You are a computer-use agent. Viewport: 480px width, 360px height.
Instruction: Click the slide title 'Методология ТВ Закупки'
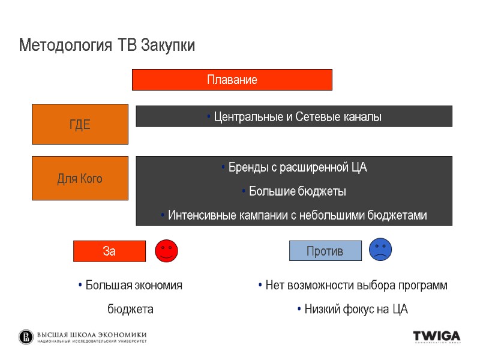point(107,46)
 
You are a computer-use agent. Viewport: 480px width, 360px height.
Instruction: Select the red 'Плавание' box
point(232,80)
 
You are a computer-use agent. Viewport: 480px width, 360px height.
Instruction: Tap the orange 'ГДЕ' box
point(80,124)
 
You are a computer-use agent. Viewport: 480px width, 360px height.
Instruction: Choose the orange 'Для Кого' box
point(80,178)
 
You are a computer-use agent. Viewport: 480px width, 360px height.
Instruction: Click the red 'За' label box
point(109,251)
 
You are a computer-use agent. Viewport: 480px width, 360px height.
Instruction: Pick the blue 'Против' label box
point(325,251)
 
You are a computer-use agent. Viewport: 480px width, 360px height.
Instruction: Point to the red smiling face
point(166,251)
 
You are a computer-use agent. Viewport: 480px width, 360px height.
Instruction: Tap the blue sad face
point(380,249)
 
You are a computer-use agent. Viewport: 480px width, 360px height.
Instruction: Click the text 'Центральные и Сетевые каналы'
point(296,117)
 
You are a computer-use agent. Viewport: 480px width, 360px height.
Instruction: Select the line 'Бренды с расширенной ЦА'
point(296,168)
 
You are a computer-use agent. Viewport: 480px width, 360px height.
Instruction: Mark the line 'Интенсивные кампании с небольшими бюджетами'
point(296,215)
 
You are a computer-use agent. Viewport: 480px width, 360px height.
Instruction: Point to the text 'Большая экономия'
point(133,286)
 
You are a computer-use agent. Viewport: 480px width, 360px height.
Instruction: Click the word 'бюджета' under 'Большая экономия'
point(130,310)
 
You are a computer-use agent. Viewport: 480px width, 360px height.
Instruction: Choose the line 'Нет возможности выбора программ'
point(355,286)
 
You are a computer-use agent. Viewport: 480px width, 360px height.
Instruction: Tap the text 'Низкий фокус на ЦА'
point(355,310)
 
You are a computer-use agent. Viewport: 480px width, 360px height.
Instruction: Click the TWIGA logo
point(436,337)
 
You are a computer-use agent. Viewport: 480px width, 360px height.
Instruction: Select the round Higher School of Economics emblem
point(26,337)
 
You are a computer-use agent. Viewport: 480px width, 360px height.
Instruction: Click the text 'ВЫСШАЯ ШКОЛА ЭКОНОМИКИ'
point(92,335)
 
